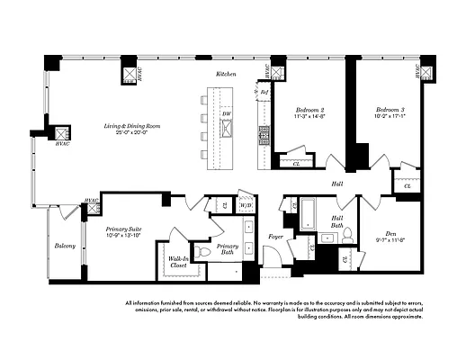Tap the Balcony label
pyautogui.click(x=64, y=246)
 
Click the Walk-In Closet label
pyautogui.click(x=179, y=263)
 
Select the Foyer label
pyautogui.click(x=276, y=237)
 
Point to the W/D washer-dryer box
pyautogui.click(x=246, y=206)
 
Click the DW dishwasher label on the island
pyautogui.click(x=226, y=114)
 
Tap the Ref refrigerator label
pyautogui.click(x=264, y=92)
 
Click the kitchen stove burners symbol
pyautogui.click(x=265, y=135)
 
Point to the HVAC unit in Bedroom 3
pyautogui.click(x=428, y=69)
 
